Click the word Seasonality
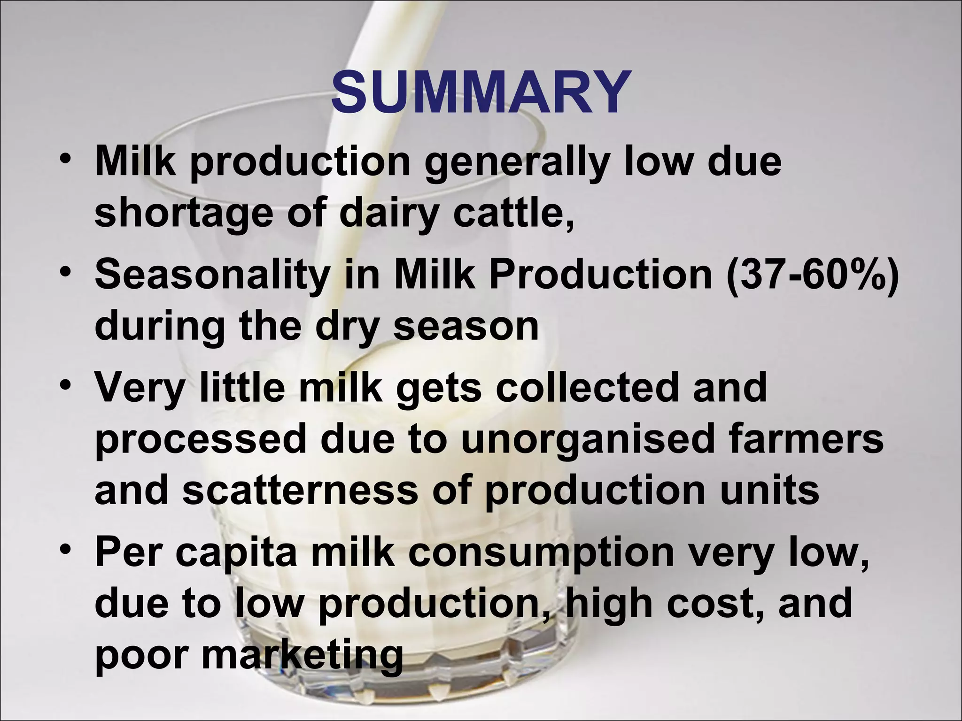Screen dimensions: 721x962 click(x=210, y=276)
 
